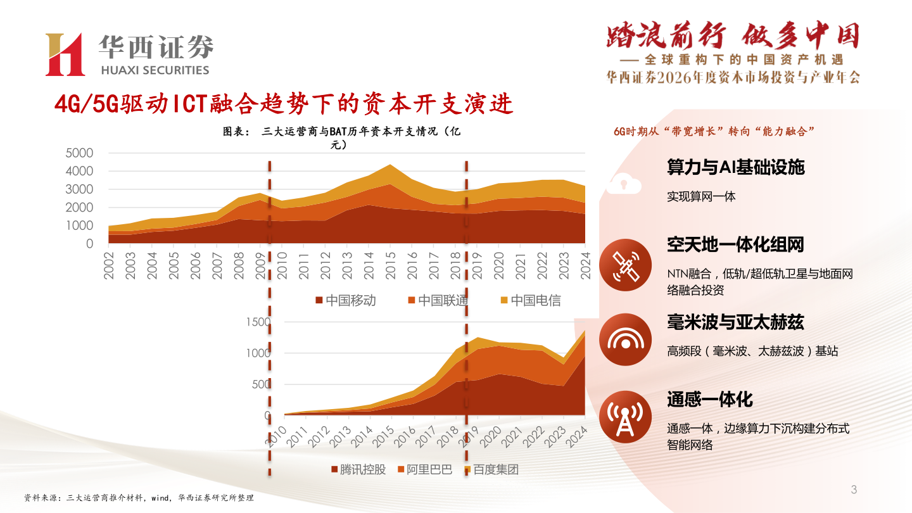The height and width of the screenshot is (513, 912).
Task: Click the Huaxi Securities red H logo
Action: point(65,54)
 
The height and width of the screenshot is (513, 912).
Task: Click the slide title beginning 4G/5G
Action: point(283,104)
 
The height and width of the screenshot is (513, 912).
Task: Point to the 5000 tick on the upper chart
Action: point(80,153)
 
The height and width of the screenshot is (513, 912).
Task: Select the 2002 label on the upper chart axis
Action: point(110,264)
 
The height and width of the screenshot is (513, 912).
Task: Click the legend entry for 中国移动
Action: point(346,300)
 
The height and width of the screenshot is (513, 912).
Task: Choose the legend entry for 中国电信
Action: point(530,300)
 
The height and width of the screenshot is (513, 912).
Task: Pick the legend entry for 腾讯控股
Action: point(358,469)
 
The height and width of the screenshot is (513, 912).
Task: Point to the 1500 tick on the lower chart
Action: point(258,322)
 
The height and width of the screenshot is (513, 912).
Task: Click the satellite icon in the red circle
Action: point(624,265)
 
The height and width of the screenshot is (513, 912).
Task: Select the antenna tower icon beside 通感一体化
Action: point(624,416)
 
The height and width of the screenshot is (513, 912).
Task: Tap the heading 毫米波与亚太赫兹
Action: point(735,322)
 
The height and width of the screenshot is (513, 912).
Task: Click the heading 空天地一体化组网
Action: point(735,244)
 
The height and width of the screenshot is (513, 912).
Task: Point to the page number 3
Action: point(854,490)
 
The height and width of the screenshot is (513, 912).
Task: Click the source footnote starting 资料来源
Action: point(139,498)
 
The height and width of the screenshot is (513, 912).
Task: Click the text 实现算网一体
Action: point(701,196)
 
